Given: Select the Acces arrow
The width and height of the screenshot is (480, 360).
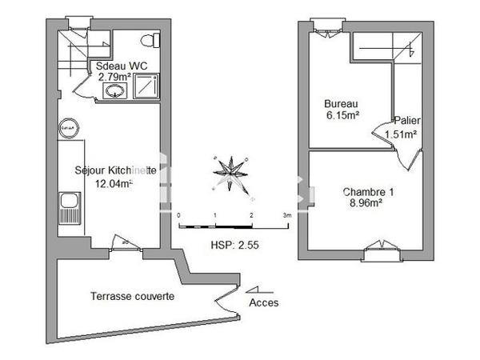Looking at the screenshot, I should [x=258, y=290].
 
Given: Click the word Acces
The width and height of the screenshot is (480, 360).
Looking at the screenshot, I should [x=265, y=303].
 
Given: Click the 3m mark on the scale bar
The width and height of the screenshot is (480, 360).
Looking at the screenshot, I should [x=287, y=216].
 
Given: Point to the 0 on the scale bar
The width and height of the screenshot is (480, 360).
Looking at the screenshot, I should [x=179, y=216].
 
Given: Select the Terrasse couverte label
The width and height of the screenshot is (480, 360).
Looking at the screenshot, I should [x=131, y=296].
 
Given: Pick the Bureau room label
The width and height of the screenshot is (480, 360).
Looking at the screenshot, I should [x=340, y=104].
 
